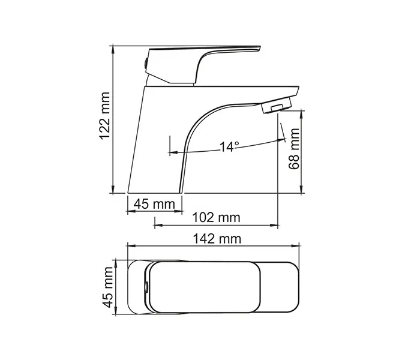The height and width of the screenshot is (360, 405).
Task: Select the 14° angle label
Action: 229,146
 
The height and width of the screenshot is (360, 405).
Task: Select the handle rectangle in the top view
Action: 204,287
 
